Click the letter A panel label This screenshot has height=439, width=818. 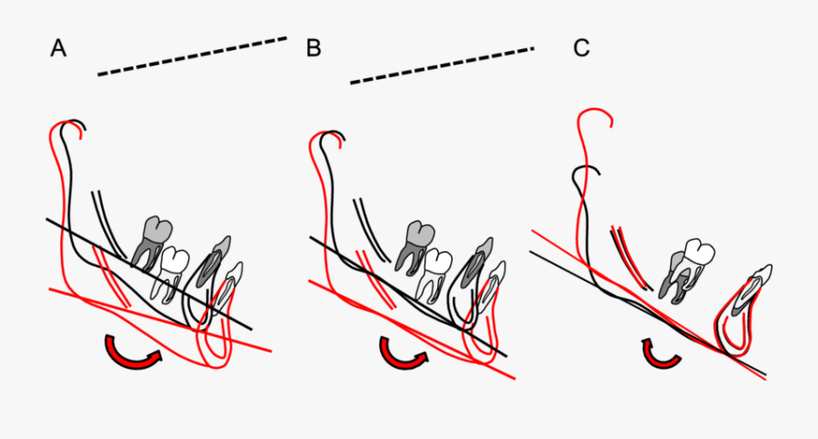[58, 49]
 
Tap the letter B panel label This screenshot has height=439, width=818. [314, 49]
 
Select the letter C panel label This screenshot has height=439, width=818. [581, 49]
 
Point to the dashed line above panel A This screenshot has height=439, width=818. [192, 56]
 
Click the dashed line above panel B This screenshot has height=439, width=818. [441, 65]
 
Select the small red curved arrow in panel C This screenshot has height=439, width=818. [661, 354]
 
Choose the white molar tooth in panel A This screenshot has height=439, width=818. [173, 273]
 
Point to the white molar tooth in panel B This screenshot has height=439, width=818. [435, 272]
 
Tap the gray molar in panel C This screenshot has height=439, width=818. [680, 275]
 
